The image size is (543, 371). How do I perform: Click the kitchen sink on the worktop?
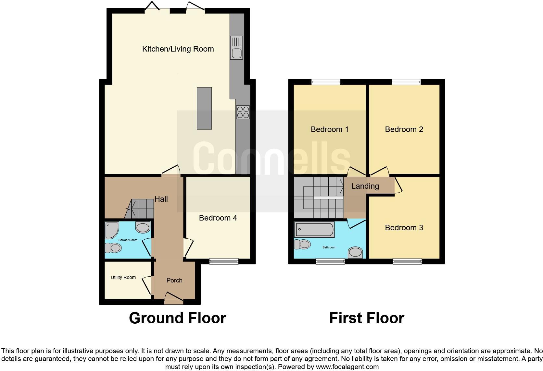click(236, 47)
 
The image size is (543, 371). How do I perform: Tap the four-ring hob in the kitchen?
click(243, 112)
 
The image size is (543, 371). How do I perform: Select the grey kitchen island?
click(204, 108)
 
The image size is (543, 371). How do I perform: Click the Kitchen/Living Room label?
click(178, 49)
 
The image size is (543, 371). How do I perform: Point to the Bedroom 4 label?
click(218, 218)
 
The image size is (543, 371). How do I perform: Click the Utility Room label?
click(123, 277)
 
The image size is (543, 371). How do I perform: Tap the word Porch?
click(174, 281)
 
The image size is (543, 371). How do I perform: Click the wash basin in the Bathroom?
click(355, 252)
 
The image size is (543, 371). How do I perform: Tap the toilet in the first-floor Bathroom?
click(302, 244)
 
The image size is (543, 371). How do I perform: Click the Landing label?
click(365, 186)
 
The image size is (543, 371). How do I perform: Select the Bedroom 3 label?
click(404, 228)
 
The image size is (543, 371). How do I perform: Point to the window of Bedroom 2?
click(406, 82)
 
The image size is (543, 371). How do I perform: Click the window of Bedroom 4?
click(224, 261)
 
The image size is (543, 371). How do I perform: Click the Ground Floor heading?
click(177, 318)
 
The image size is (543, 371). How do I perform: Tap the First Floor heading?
click(367, 318)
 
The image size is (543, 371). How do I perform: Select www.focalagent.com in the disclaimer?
click(347, 367)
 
